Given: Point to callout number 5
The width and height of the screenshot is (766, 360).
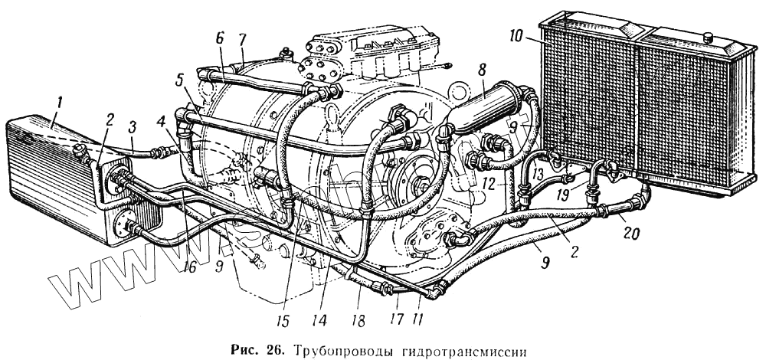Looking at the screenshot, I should click(x=178, y=79).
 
